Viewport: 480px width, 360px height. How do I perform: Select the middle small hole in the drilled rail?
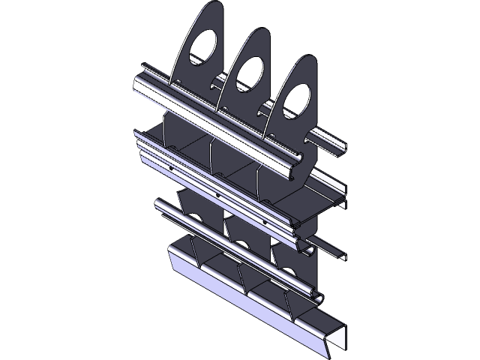click(217, 195)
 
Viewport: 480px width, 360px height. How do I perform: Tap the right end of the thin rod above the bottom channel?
click(321, 294)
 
